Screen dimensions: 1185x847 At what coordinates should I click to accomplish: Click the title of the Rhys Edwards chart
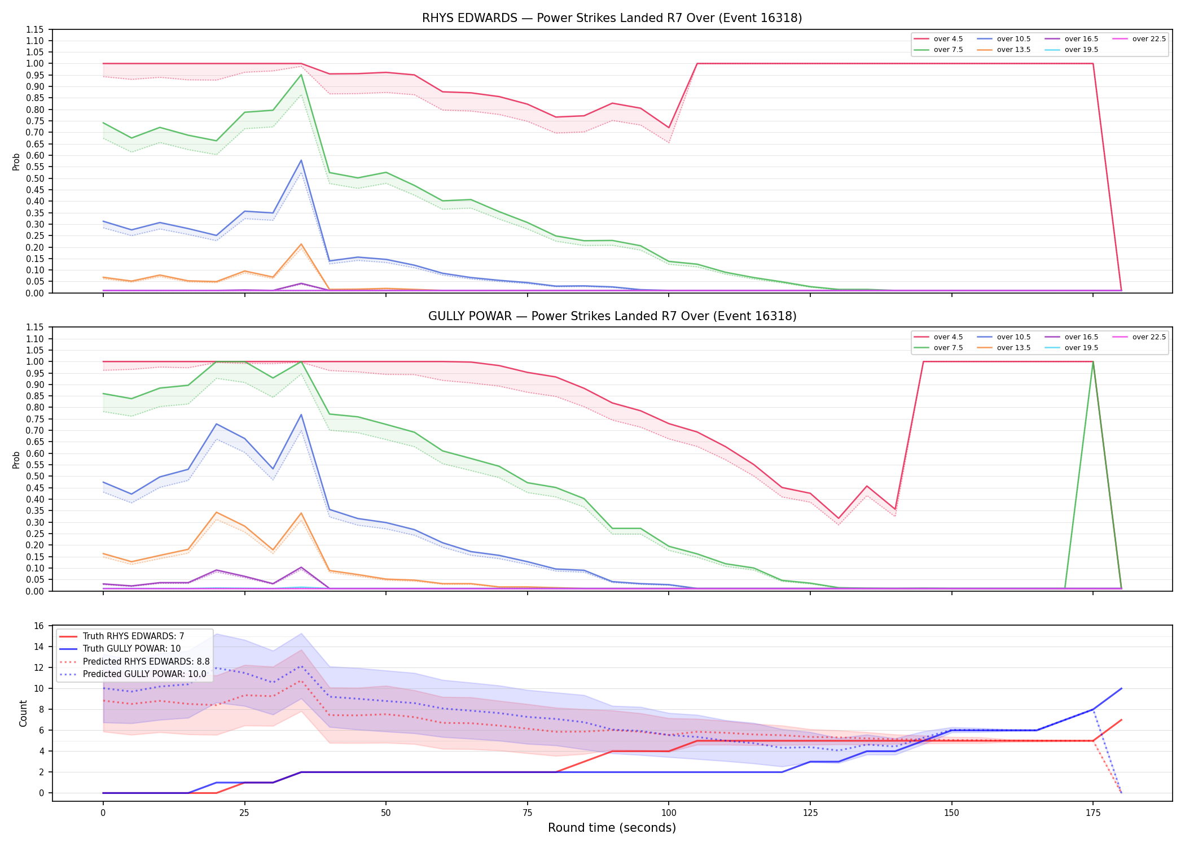[612, 18]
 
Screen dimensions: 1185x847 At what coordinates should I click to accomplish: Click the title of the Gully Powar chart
[612, 316]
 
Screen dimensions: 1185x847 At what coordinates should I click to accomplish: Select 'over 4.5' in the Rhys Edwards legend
[948, 39]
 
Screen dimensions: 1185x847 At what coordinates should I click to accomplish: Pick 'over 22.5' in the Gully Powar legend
[1149, 337]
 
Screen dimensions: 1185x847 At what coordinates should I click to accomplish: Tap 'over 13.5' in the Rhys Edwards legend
[1013, 50]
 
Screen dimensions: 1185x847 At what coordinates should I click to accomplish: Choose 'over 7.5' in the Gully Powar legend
[948, 348]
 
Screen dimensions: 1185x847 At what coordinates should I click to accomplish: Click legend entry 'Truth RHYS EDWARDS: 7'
[133, 636]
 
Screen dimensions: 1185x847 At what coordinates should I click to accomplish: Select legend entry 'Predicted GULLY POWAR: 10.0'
[144, 674]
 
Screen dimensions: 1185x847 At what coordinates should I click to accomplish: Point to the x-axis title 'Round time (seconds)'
[612, 828]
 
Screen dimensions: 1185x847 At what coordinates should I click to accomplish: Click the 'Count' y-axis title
[23, 714]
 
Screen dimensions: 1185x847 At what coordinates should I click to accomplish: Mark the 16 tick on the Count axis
[39, 626]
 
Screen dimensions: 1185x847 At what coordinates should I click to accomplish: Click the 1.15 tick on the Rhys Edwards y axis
[35, 29]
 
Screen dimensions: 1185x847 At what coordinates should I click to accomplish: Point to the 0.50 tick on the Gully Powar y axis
[35, 476]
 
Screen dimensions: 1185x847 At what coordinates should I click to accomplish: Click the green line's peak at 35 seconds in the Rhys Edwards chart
[301, 75]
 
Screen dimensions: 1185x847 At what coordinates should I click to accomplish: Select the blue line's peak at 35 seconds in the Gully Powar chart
[301, 414]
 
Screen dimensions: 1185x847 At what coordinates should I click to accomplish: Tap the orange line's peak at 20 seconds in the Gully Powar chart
[216, 512]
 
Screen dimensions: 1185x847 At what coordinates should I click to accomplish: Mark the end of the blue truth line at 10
[1121, 688]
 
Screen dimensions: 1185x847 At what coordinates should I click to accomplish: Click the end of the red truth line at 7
[1121, 720]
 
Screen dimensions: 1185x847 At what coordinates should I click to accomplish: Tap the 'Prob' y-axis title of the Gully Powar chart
[16, 460]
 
